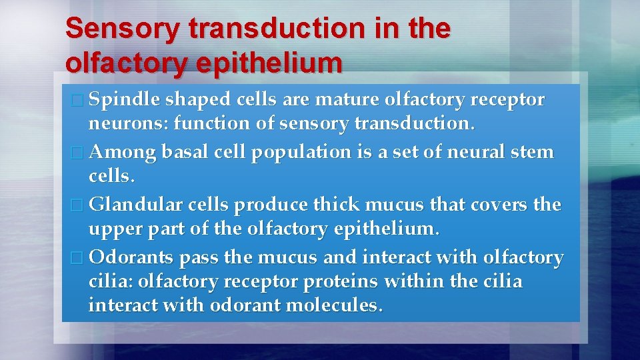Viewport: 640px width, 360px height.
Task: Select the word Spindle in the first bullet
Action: coord(125,101)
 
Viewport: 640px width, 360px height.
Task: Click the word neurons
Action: coord(122,124)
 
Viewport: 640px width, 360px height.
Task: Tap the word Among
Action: coord(122,153)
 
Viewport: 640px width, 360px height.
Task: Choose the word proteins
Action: coord(341,282)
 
